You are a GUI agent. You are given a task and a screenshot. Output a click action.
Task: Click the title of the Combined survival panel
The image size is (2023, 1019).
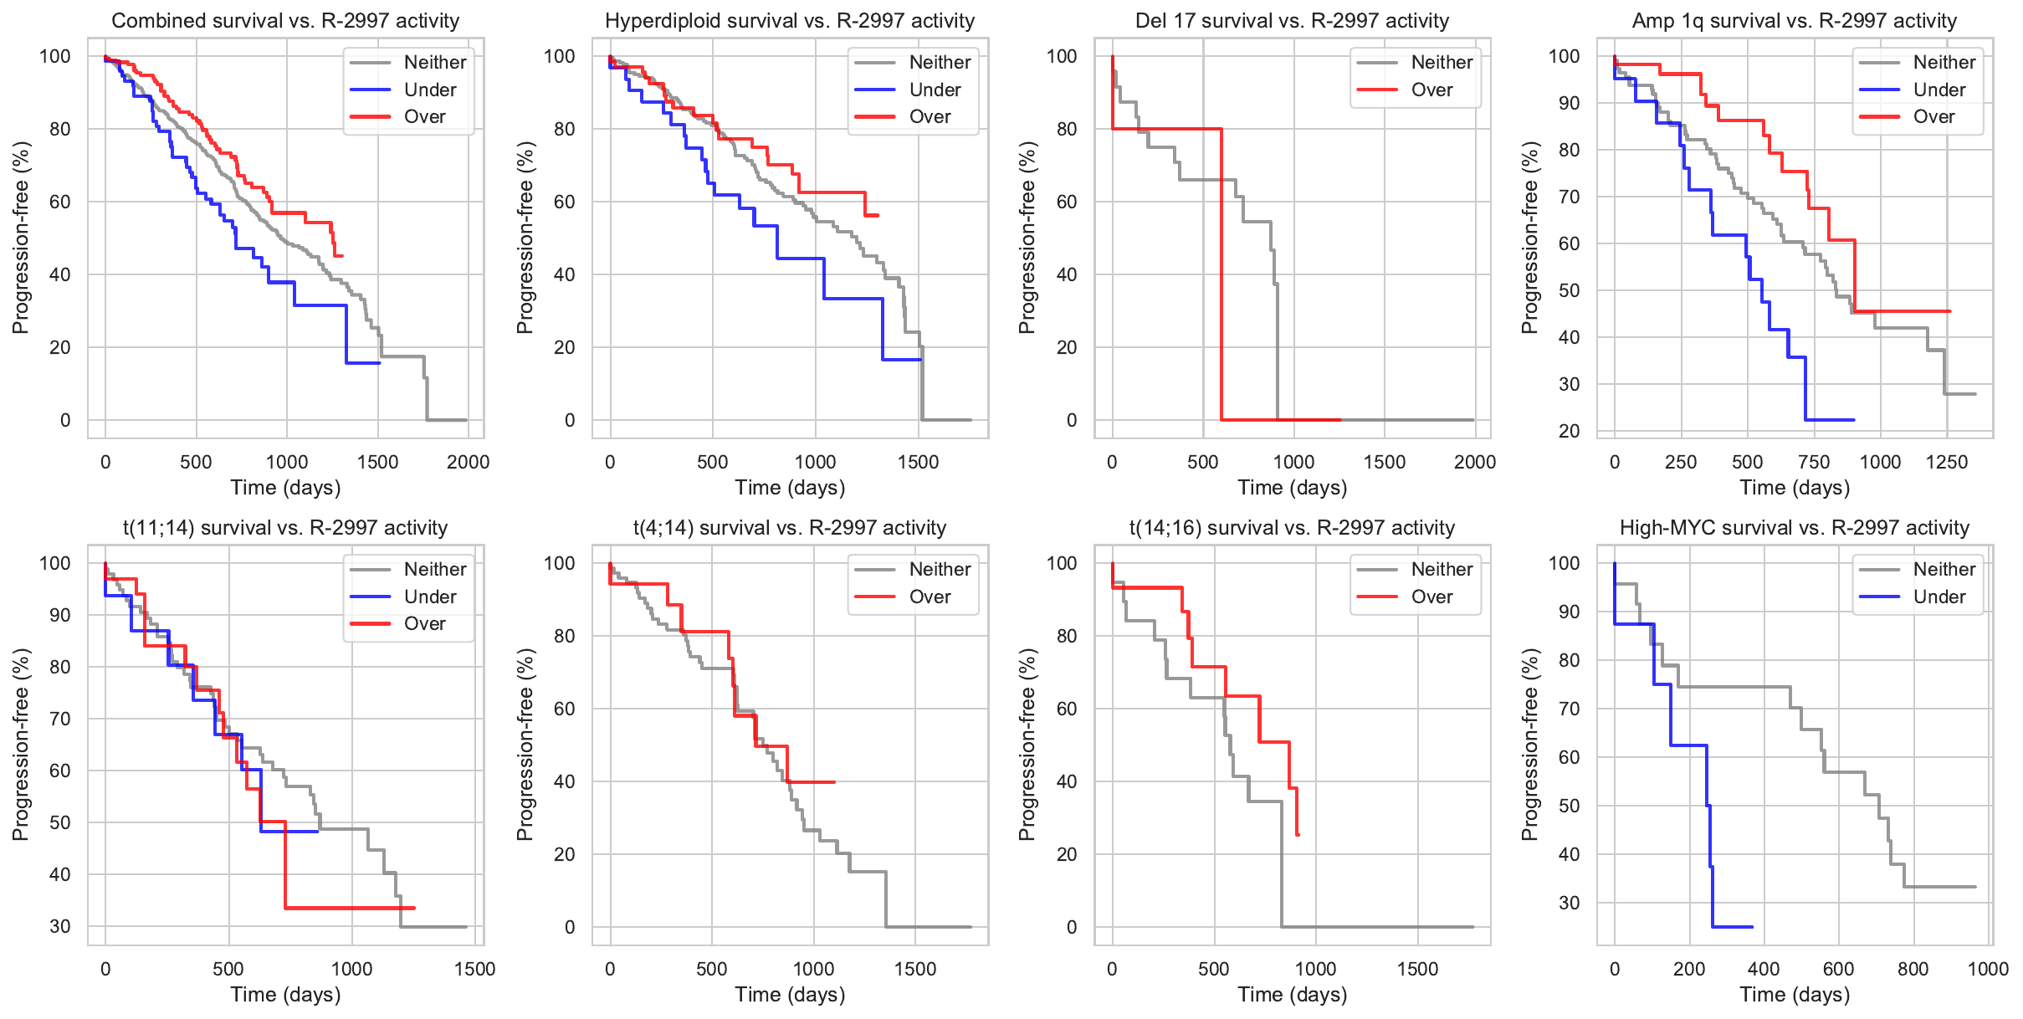click(285, 21)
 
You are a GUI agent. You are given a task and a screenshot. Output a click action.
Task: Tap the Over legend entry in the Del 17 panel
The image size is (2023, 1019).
click(1431, 90)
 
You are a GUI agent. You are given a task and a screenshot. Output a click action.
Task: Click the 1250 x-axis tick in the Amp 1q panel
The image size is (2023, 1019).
click(1947, 462)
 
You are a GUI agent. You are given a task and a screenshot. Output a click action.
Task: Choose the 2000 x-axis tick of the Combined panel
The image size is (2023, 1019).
click(468, 462)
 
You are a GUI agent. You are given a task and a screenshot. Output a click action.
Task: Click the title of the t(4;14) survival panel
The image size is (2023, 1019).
click(790, 528)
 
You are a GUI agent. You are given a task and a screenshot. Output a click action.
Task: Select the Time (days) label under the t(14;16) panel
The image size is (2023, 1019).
click(1293, 995)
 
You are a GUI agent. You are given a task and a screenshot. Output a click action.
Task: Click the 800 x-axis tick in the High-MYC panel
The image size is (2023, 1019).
click(1913, 969)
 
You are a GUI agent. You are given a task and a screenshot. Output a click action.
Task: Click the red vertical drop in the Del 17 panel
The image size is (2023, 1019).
click(1221, 276)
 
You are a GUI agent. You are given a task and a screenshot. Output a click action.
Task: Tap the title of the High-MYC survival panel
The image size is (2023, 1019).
click(1795, 528)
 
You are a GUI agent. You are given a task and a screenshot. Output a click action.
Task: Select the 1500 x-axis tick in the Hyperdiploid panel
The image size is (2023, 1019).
click(918, 462)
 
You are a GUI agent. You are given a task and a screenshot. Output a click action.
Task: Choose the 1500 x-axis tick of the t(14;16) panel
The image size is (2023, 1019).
click(1417, 969)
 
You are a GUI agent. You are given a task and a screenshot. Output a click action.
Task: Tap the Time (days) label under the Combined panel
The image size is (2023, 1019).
click(285, 488)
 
